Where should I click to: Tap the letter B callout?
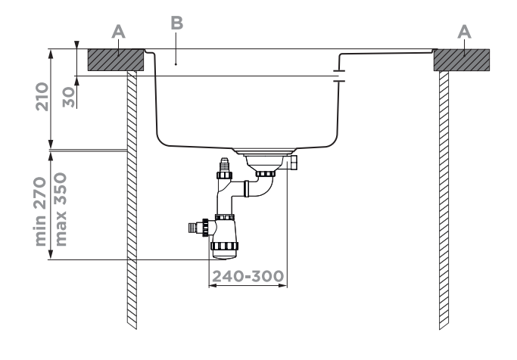(176, 23)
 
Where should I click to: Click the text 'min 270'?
(45, 213)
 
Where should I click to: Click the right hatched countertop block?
(461, 61)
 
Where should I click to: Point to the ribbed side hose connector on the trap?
(198, 225)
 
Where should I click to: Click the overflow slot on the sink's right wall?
(338, 76)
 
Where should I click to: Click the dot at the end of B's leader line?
(176, 65)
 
